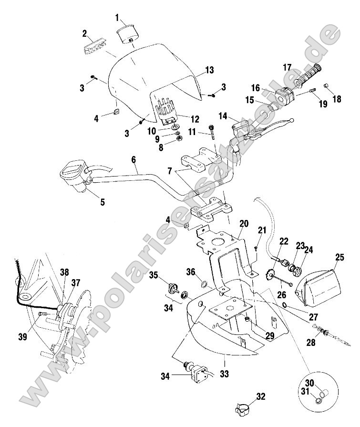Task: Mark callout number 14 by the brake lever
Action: click(223, 116)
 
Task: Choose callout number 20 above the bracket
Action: click(244, 224)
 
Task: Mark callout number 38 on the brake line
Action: click(64, 272)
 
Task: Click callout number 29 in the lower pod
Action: click(270, 335)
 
